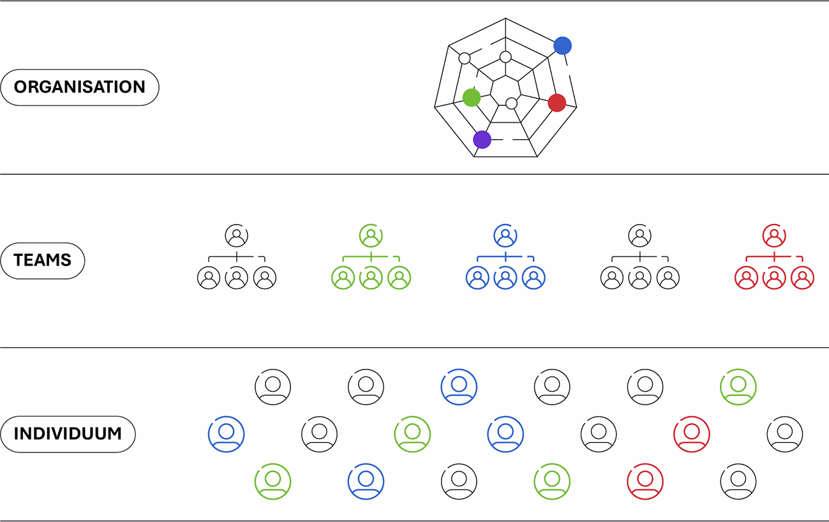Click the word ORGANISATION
coord(80,87)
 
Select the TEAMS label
coord(43,260)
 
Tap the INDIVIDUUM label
coord(68,434)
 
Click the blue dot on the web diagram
coord(562,45)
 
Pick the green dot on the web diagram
coord(471,97)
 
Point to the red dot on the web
coord(557,102)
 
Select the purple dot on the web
coord(482,139)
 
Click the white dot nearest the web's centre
coord(511,103)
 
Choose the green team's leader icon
coord(371,235)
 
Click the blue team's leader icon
coord(505,235)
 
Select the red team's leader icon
coord(774,235)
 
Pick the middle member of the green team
coord(371,278)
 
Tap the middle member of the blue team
coord(505,278)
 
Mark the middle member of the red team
coord(774,278)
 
